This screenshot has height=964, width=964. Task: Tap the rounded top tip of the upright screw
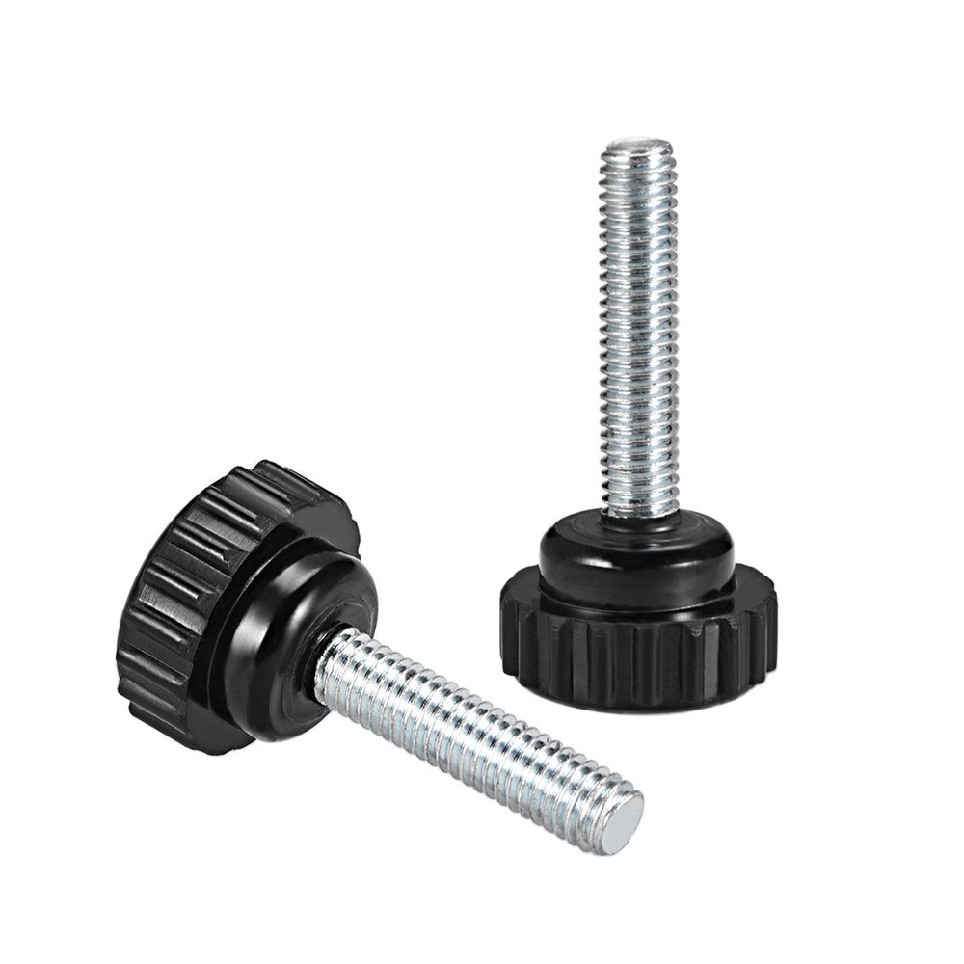click(637, 146)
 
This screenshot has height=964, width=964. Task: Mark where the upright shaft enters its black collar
click(637, 516)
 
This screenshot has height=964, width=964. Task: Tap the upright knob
click(636, 617)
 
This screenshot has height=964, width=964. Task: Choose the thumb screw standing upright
click(637, 434)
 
